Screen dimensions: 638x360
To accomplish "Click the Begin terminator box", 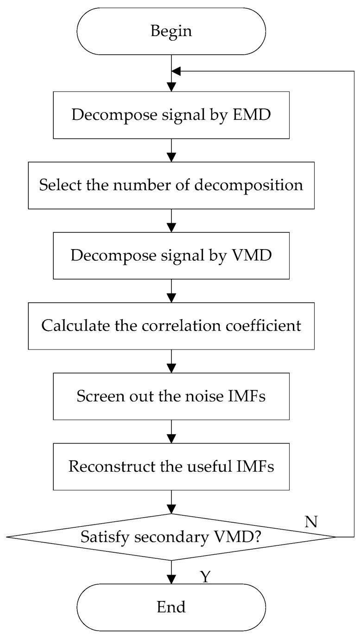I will tap(171, 31).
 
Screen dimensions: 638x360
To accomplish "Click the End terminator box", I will tap(171, 607).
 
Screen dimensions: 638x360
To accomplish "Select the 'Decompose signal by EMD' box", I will tap(171, 114).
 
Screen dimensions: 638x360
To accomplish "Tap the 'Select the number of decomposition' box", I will tap(171, 185).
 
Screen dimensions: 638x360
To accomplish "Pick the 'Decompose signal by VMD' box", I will tap(171, 255).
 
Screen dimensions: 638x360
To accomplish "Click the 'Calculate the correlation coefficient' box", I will tap(171, 325).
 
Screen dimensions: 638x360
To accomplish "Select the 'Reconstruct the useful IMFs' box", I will tap(171, 466).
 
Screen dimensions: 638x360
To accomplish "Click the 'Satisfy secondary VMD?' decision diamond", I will tap(171, 537).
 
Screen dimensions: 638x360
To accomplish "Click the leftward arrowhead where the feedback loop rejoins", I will tap(177, 71).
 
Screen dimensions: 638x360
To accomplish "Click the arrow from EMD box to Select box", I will tap(172, 150).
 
